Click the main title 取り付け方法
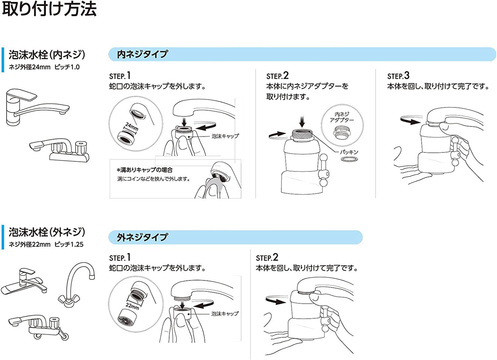[x=49, y=9]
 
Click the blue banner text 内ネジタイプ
[x=142, y=54]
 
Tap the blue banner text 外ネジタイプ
[x=142, y=237]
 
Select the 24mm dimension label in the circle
[x=132, y=127]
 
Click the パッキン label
[x=349, y=152]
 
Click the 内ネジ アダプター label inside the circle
[x=342, y=117]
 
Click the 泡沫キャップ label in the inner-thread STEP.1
[x=225, y=136]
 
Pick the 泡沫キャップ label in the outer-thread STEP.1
[x=225, y=313]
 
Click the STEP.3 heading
[x=398, y=76]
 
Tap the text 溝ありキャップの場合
[x=144, y=170]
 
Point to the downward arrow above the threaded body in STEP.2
[x=302, y=122]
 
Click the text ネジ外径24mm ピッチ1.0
[x=44, y=67]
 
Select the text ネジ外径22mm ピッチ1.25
[x=46, y=244]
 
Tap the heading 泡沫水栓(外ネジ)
[x=47, y=232]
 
